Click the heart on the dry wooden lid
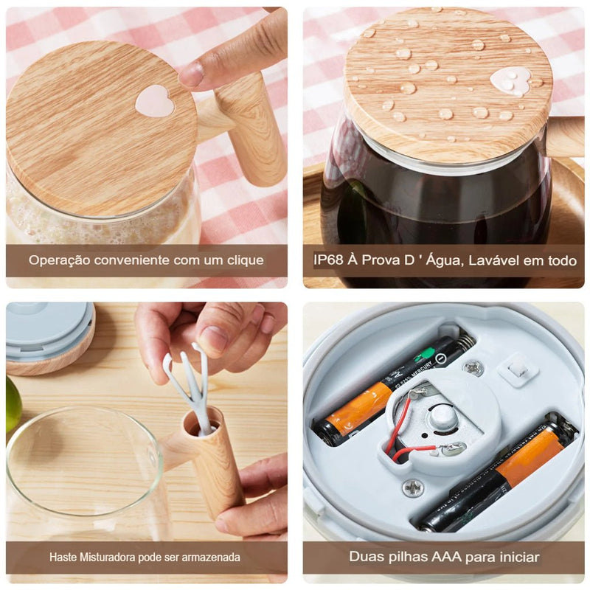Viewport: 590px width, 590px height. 155,100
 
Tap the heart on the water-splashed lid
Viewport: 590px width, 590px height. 513,80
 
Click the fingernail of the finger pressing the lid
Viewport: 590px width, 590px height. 192,74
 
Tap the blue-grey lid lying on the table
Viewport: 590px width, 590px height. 49,329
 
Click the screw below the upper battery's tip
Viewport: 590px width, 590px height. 473,367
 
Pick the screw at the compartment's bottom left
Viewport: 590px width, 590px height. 413,487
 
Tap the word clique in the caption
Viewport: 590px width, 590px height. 247,260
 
